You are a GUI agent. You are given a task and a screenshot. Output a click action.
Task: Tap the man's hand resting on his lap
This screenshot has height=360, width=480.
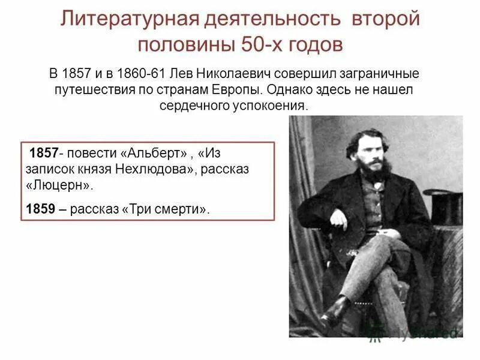339,220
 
